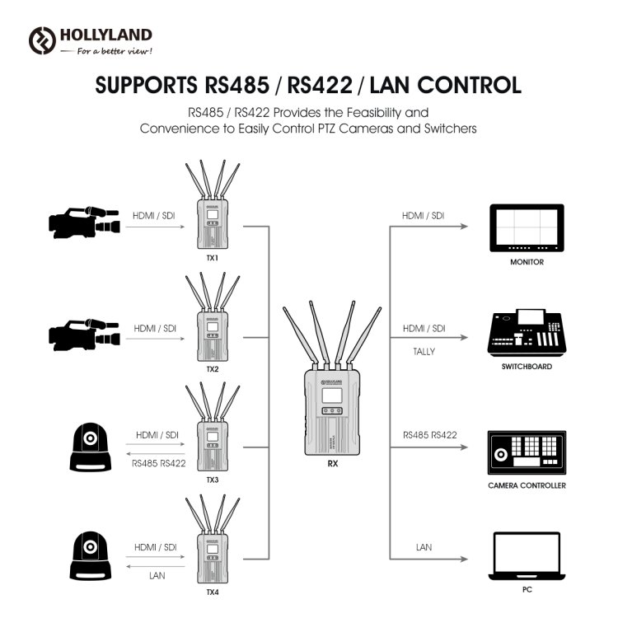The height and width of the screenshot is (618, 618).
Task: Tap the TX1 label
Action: tap(212, 259)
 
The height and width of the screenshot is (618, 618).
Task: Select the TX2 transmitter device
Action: tap(213, 326)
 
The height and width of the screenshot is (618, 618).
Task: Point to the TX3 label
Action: tap(212, 480)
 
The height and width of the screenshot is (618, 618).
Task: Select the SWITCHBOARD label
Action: tap(526, 366)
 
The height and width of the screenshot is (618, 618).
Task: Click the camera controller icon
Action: tap(526, 452)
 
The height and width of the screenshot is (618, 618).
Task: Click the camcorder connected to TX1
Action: tap(84, 222)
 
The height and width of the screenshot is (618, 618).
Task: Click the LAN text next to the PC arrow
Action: tap(424, 547)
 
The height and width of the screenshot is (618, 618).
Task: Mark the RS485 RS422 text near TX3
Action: tap(159, 463)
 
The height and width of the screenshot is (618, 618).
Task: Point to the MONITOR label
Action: tap(527, 261)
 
